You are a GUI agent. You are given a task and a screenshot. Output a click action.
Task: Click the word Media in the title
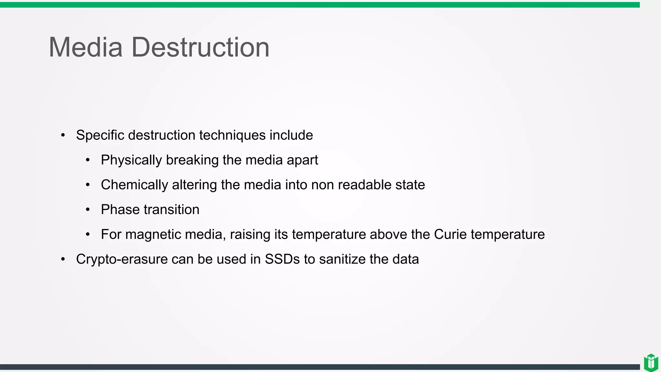[86, 47]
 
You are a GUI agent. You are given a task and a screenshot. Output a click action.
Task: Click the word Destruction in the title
[200, 47]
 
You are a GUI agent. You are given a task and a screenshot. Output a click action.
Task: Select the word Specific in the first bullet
[100, 135]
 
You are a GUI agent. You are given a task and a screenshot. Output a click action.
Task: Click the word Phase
[120, 210]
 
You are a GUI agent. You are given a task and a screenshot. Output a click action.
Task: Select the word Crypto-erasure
[122, 259]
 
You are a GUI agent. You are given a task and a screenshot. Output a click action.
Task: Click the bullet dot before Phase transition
[88, 210]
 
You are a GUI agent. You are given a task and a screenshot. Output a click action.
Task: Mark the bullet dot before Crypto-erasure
[63, 259]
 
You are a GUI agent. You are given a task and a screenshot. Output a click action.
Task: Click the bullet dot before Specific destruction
[63, 135]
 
